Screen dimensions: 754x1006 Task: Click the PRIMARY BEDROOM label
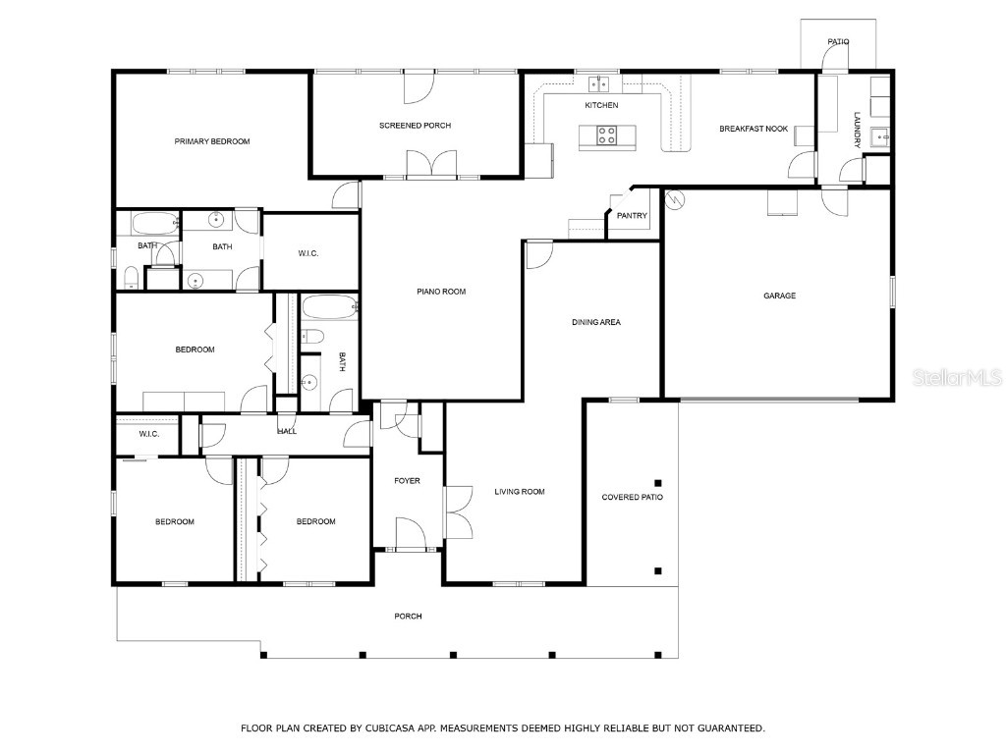(x=211, y=141)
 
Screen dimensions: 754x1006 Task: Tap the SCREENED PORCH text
(x=415, y=126)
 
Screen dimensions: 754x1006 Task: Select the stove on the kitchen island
(x=607, y=136)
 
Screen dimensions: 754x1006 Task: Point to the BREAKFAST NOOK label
(x=754, y=129)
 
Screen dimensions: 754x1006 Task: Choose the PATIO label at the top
(x=837, y=42)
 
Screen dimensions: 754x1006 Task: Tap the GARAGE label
(x=780, y=296)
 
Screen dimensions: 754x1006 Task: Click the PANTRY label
(x=632, y=216)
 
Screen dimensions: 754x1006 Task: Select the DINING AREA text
(x=596, y=322)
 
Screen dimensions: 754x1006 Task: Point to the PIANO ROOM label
(x=441, y=292)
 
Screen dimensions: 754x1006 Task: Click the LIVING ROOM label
(x=519, y=492)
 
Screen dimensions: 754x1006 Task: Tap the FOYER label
(x=407, y=481)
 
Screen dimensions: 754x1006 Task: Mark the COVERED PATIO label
(x=632, y=498)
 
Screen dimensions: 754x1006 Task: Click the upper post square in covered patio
(x=658, y=482)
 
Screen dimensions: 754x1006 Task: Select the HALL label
(x=287, y=430)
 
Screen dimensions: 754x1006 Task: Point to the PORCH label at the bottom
(x=408, y=617)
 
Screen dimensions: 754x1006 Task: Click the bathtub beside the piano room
(x=329, y=307)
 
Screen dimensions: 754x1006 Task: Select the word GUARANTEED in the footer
(x=730, y=728)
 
